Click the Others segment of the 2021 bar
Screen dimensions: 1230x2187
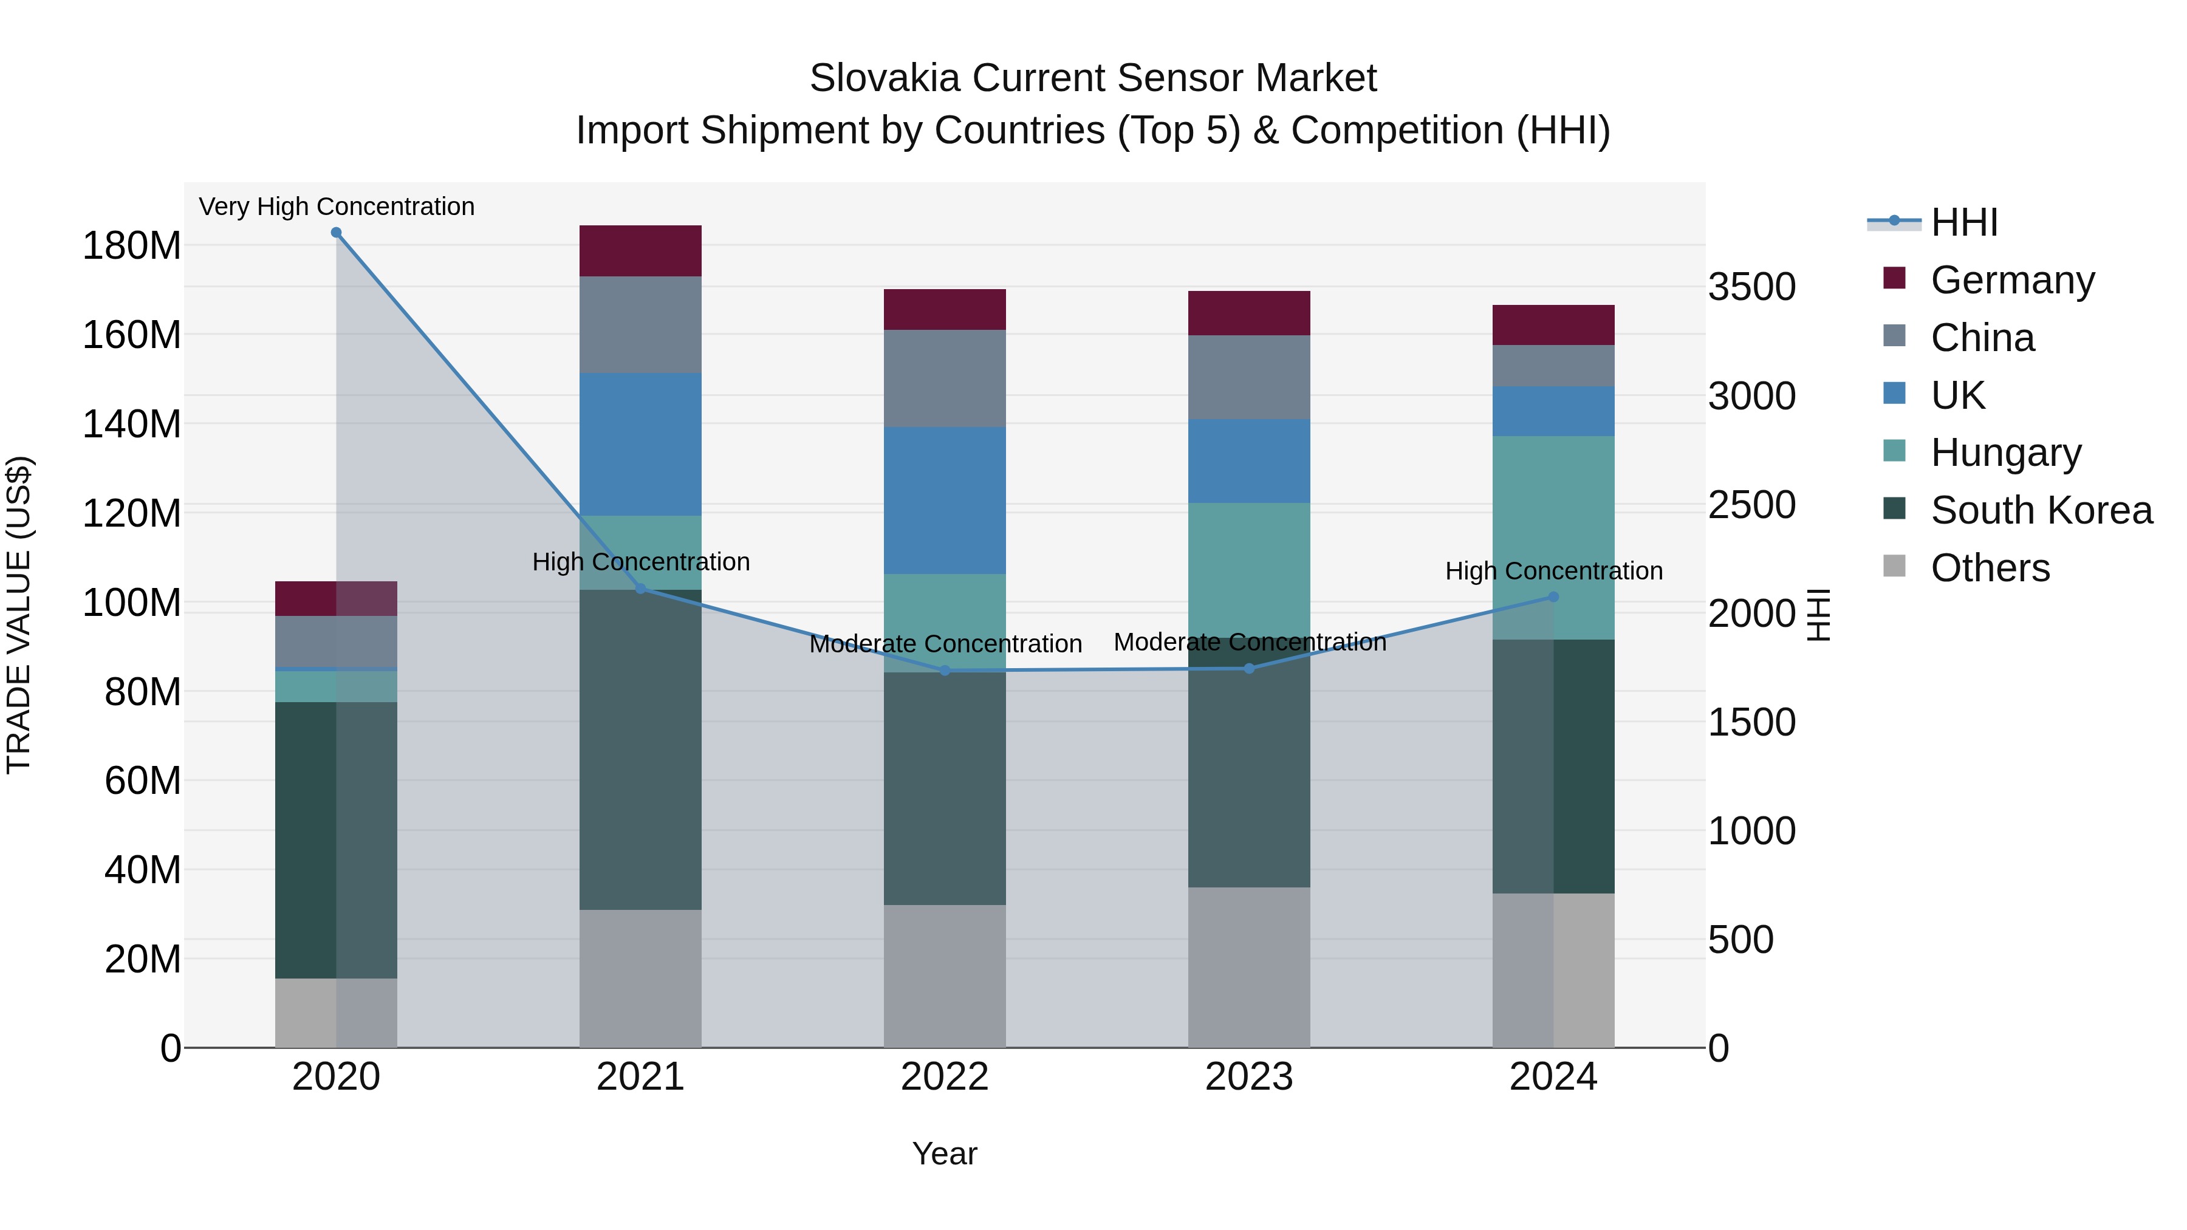[x=640, y=978]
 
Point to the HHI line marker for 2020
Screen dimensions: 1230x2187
[x=336, y=233]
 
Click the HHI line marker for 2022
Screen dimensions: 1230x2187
[x=945, y=671]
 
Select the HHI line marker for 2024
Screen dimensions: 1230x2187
[x=1553, y=596]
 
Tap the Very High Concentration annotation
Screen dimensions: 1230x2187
[x=336, y=207]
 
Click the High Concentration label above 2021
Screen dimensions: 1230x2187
[x=641, y=562]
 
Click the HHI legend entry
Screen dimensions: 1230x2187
[x=1963, y=222]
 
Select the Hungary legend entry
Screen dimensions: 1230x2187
[x=2005, y=453]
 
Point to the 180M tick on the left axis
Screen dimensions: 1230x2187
[x=132, y=246]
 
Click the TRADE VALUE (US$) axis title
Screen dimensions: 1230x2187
[x=19, y=615]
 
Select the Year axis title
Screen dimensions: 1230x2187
[x=944, y=1153]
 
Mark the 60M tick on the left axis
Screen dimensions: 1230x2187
[x=143, y=780]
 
